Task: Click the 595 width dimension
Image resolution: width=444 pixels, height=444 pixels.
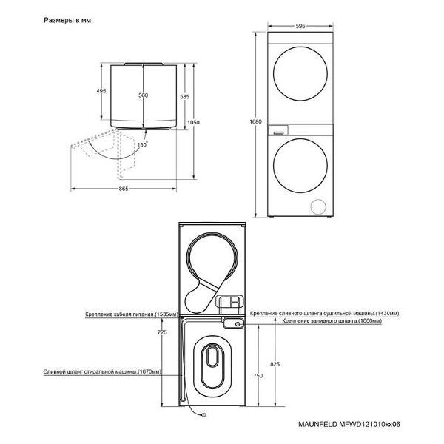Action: pyautogui.click(x=300, y=26)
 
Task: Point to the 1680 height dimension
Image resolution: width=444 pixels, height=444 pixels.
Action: pyautogui.click(x=255, y=122)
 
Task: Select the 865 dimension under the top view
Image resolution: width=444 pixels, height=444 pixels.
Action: pyautogui.click(x=124, y=189)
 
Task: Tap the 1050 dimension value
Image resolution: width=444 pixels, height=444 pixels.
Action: pyautogui.click(x=193, y=122)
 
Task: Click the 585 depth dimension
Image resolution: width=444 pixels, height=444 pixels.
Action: pyautogui.click(x=184, y=97)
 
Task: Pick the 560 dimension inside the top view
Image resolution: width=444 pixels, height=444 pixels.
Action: pyautogui.click(x=144, y=95)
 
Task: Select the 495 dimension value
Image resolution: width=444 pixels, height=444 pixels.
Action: pyautogui.click(x=101, y=91)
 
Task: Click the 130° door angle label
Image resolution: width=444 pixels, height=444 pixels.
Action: pyautogui.click(x=142, y=145)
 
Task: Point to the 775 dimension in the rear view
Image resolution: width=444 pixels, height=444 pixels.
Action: pyautogui.click(x=162, y=332)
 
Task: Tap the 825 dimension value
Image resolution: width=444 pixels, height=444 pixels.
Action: pyautogui.click(x=275, y=364)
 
